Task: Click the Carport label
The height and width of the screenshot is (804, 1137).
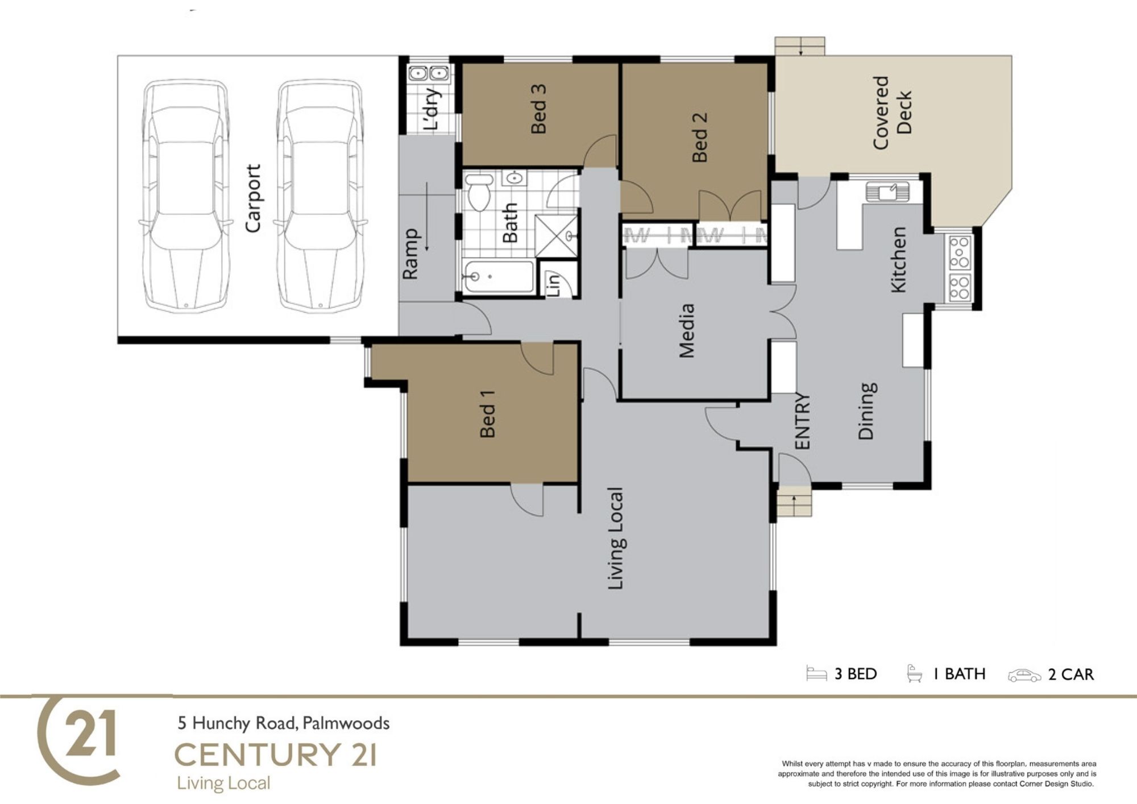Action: (x=253, y=198)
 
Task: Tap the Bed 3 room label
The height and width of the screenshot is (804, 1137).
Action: (x=538, y=109)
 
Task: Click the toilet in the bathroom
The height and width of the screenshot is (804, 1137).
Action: (x=479, y=192)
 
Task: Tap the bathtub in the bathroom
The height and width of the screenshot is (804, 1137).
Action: (x=497, y=277)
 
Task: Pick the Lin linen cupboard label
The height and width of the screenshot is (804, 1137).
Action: (x=553, y=283)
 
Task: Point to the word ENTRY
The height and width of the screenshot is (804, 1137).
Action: (x=802, y=421)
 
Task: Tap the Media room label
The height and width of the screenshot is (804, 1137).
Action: (x=687, y=331)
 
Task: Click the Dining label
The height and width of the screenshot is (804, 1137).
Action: (x=866, y=411)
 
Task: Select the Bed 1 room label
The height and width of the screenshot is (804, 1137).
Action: (x=487, y=413)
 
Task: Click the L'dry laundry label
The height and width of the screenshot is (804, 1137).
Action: (x=432, y=109)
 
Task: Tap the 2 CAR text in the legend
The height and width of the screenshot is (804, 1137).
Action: (x=1071, y=674)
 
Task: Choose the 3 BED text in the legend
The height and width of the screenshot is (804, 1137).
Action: (x=856, y=674)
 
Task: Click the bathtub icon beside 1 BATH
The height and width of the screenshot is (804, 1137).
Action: (x=914, y=673)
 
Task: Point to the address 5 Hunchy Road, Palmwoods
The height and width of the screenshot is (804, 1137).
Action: (x=284, y=723)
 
